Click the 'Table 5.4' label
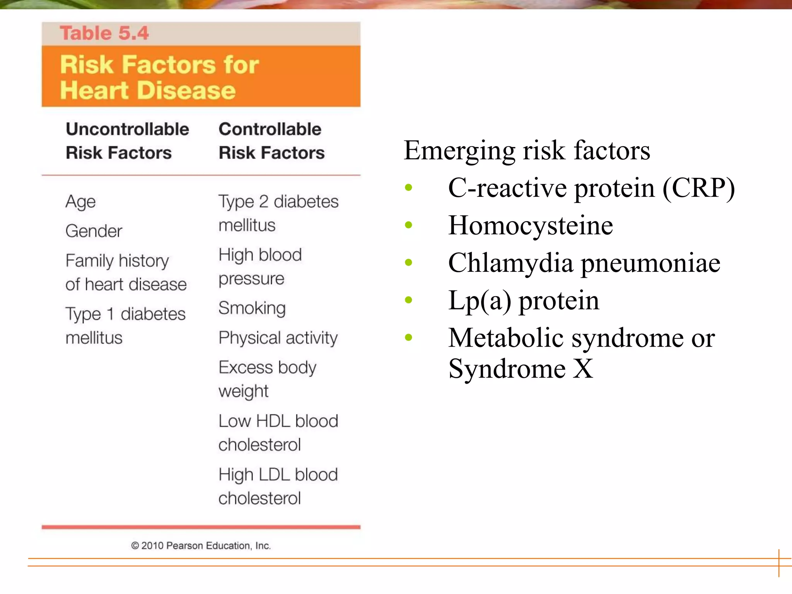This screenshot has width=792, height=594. pyautogui.click(x=104, y=33)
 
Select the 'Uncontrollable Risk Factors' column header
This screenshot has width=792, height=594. pyautogui.click(x=127, y=141)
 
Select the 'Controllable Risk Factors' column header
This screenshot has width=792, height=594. pyautogui.click(x=271, y=141)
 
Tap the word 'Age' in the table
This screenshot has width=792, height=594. pyautogui.click(x=80, y=202)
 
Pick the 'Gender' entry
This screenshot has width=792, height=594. pyautogui.click(x=94, y=231)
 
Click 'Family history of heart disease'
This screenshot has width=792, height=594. pyautogui.click(x=125, y=273)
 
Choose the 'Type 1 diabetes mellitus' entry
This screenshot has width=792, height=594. pyautogui.click(x=125, y=326)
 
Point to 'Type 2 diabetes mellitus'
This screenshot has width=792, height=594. pyautogui.click(x=278, y=213)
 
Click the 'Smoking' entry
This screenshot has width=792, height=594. pyautogui.click(x=252, y=308)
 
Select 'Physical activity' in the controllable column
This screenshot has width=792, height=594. pyautogui.click(x=278, y=338)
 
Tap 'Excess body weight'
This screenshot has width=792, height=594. pyautogui.click(x=267, y=379)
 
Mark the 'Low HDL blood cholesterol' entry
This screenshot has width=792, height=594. pyautogui.click(x=278, y=433)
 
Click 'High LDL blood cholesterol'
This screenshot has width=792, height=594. pyautogui.click(x=278, y=486)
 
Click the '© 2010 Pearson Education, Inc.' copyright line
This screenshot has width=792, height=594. pyautogui.click(x=201, y=546)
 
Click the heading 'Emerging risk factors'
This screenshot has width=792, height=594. pyautogui.click(x=526, y=150)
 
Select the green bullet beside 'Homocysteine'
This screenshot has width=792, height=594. pyautogui.click(x=408, y=225)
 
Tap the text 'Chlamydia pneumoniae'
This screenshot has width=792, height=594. pyautogui.click(x=584, y=263)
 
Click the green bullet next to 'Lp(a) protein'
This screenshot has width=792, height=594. pyautogui.click(x=408, y=300)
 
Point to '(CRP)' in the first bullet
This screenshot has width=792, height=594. pyautogui.click(x=698, y=188)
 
